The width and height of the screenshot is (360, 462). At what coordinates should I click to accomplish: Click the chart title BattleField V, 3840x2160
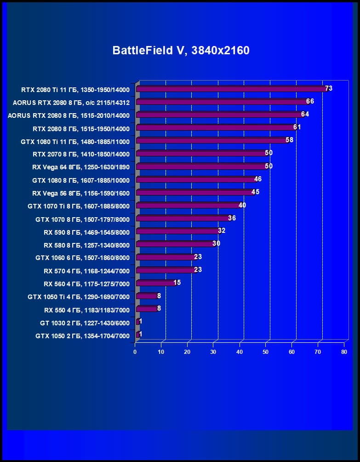181,50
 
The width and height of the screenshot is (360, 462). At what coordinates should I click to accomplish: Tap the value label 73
328,88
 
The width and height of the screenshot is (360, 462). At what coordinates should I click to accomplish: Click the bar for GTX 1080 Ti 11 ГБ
212,140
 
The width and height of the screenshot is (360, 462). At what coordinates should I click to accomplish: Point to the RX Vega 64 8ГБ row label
81,167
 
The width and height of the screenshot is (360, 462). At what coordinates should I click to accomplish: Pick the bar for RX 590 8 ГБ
177,231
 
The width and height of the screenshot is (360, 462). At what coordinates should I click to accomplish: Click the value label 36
232,218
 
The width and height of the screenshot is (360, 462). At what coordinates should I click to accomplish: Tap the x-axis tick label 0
135,352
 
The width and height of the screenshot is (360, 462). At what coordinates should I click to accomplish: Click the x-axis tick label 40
240,352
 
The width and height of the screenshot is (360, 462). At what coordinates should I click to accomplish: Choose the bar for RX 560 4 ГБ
155,283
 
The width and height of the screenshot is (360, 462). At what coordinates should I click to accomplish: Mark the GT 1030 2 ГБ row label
85,323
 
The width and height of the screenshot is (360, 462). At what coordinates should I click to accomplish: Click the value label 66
310,101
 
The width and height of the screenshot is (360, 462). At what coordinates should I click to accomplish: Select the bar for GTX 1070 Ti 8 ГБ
188,205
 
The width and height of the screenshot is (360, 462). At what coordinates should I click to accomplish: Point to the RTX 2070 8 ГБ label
81,154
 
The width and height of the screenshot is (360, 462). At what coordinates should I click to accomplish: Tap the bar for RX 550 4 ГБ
147,309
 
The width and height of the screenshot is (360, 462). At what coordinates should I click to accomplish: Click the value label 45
255,192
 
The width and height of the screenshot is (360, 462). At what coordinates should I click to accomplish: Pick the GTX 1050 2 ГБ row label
82,336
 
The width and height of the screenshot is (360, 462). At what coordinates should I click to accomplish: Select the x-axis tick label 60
292,352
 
